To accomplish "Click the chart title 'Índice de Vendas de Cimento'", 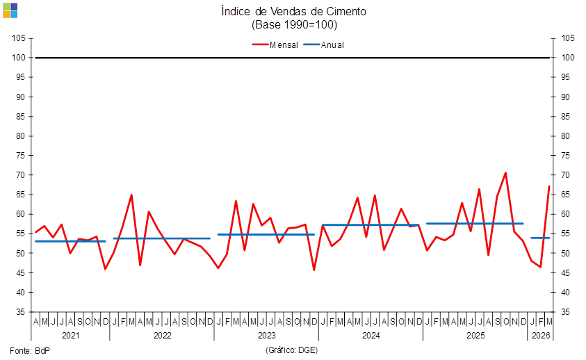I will click(x=293, y=11).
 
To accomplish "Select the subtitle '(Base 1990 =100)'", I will click(x=293, y=24).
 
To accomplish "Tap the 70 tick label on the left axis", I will click(x=21, y=175).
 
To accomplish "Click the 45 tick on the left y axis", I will click(x=21, y=273).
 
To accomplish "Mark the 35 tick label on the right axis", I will click(x=567, y=312).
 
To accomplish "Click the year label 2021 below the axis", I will click(x=71, y=335).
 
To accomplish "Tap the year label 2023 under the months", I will click(x=266, y=335).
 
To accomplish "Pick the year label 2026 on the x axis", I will click(x=541, y=335).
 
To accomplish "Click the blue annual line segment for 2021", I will click(x=70, y=241).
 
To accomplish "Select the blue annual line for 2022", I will click(x=161, y=238).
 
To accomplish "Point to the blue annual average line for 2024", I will click(x=371, y=224).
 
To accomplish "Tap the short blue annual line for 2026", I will click(x=540, y=238).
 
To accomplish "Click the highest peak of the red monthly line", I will click(x=506, y=172).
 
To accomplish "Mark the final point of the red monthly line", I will click(x=550, y=186).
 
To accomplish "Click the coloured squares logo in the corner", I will click(x=10, y=10).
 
